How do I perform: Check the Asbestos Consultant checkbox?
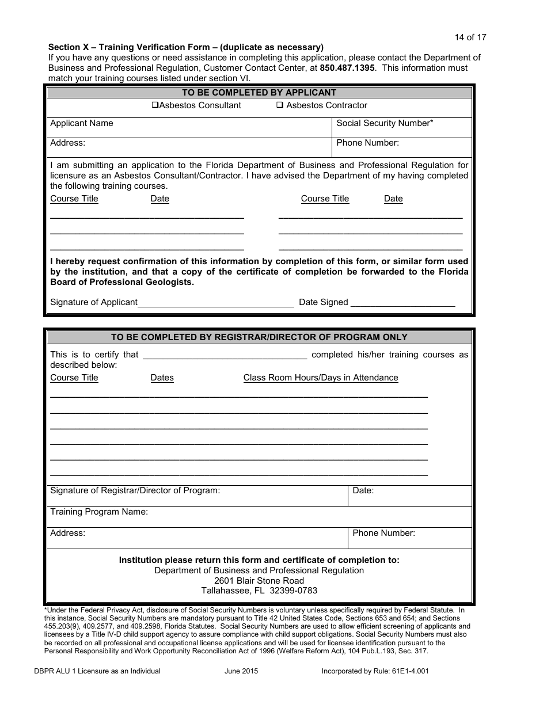155,105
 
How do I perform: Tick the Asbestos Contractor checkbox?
280,105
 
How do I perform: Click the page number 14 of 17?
470,37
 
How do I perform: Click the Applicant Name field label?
82,123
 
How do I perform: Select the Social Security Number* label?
385,123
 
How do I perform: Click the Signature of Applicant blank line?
216,303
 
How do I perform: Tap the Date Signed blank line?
402,303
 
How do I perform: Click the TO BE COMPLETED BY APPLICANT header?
259,93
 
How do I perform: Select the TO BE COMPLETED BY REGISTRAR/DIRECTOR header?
259,337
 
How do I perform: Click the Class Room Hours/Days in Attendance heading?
321,378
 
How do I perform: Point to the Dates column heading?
162,378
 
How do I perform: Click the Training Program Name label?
99,512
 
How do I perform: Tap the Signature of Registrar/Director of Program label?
135,490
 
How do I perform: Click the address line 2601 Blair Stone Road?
259,580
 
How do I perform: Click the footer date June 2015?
241,671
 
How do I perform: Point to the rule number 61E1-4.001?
410,671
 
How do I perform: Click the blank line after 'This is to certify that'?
225,356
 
